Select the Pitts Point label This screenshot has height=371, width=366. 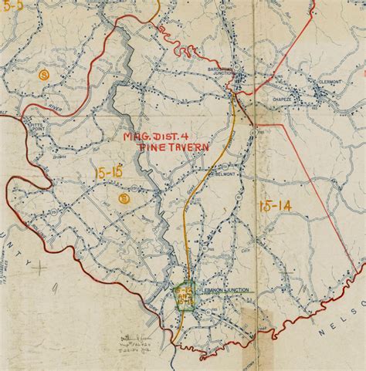point(34,124)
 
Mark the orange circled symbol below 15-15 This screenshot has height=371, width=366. point(123,198)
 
